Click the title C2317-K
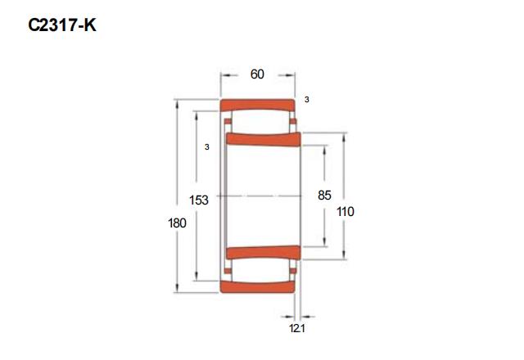tap(62, 25)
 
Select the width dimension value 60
tap(257, 74)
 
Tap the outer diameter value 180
tap(177, 223)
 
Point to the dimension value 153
tap(199, 200)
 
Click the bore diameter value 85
tap(324, 196)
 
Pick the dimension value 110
tap(346, 212)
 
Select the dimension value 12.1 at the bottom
tap(297, 328)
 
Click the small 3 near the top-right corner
tap(307, 100)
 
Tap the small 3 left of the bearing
tap(207, 147)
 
